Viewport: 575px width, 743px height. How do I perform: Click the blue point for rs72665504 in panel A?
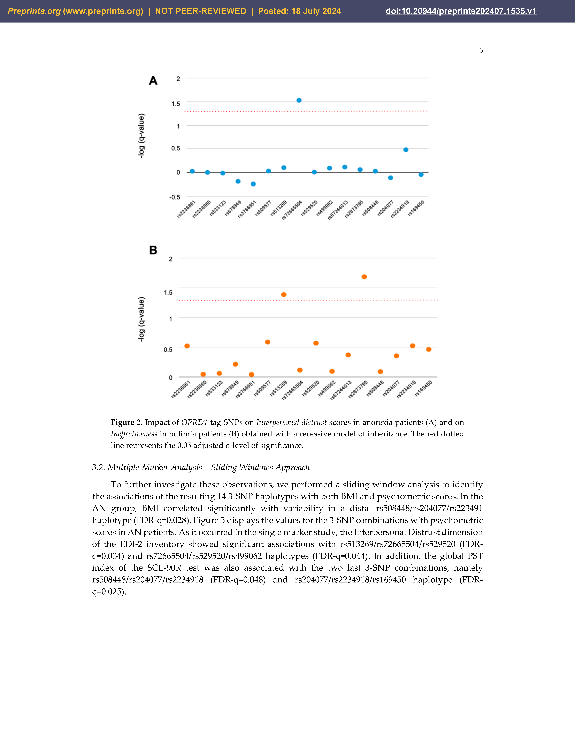tap(299, 100)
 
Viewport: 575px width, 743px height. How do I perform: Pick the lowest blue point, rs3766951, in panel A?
tap(253, 184)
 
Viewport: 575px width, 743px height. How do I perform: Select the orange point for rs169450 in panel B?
tap(429, 349)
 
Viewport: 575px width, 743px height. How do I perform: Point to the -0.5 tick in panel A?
tap(175, 197)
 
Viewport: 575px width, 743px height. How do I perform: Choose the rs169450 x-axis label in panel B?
tap(424, 388)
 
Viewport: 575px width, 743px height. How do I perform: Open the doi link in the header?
tap(461, 11)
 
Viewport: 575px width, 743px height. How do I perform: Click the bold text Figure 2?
tap(126, 422)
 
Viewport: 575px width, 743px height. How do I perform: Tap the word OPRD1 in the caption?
tap(194, 422)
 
